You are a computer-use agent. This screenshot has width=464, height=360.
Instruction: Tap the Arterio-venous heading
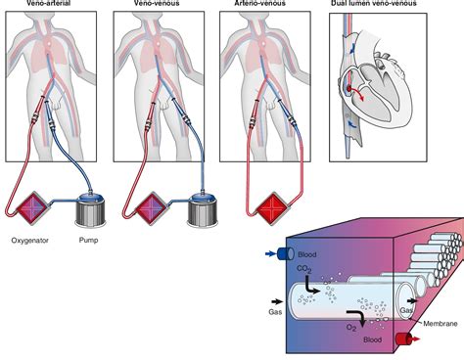tap(255, 5)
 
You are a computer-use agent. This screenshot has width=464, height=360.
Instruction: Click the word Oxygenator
tap(29, 240)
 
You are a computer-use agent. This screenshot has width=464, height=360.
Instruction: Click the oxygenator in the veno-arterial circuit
tap(30, 209)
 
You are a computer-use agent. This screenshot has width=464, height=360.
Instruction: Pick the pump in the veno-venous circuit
tap(203, 209)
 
